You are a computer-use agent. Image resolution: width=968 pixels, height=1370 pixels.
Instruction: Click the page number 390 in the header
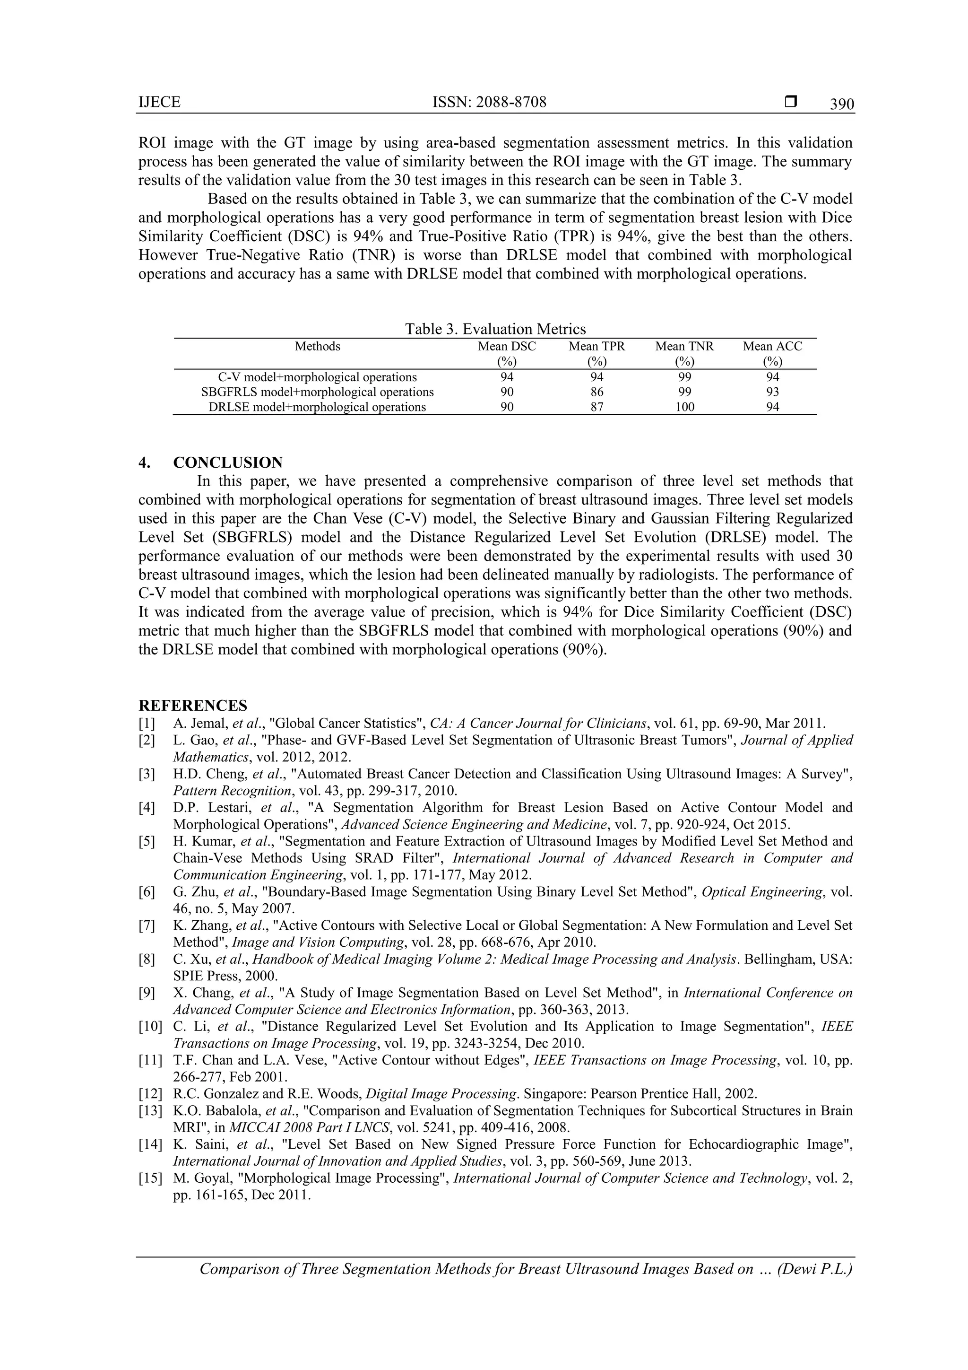click(x=841, y=105)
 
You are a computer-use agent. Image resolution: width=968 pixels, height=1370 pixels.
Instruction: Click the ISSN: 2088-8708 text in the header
click(x=489, y=102)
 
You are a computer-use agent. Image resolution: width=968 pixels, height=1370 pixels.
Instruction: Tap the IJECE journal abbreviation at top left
click(x=159, y=103)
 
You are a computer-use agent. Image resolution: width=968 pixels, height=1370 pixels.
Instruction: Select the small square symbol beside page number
click(x=791, y=102)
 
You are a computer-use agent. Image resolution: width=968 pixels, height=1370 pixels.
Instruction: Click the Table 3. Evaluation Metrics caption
click(x=495, y=329)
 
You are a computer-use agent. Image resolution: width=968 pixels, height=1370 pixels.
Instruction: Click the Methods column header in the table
click(x=317, y=347)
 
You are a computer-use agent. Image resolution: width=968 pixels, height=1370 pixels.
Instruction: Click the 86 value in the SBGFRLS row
click(x=596, y=392)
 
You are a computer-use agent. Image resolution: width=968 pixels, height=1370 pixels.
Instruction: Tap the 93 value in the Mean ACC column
click(x=772, y=392)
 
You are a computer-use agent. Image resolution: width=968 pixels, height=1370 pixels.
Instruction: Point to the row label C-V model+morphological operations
click(x=317, y=377)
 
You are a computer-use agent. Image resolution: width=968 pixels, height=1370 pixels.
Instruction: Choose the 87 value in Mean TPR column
click(x=596, y=407)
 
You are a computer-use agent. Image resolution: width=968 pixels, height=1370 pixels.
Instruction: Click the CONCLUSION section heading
click(x=228, y=462)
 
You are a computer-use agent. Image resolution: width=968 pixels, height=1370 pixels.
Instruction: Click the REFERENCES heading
click(x=193, y=705)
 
